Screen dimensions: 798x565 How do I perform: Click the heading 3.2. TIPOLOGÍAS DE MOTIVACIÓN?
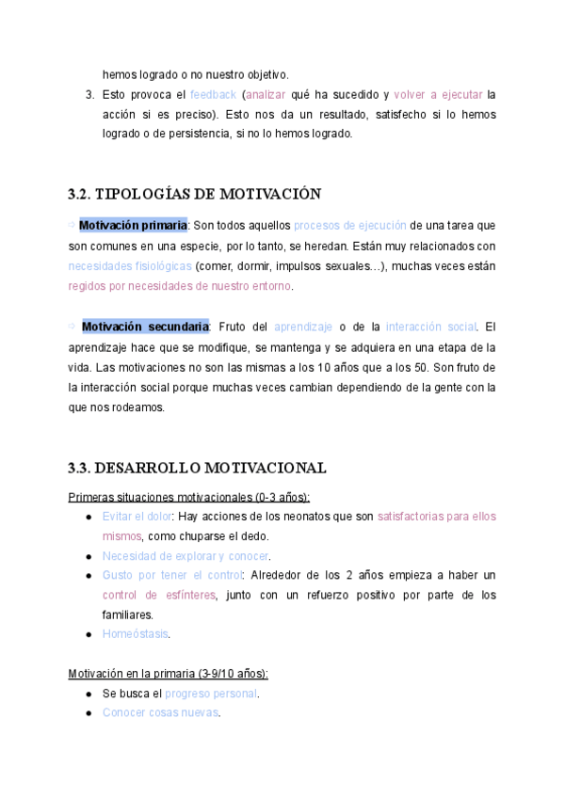tap(195, 195)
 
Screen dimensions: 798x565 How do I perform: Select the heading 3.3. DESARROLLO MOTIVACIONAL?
tap(197, 468)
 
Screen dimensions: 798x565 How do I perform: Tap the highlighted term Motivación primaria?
tap(133, 226)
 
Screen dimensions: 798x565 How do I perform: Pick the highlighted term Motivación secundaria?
tap(145, 327)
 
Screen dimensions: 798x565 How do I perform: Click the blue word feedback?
tap(213, 95)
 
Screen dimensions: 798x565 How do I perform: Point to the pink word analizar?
tap(266, 95)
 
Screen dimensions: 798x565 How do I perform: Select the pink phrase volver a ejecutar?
tap(438, 95)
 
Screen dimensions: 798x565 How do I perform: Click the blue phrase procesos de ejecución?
tap(350, 226)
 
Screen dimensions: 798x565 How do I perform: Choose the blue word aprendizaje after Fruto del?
tap(303, 327)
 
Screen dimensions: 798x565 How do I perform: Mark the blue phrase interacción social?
tap(432, 327)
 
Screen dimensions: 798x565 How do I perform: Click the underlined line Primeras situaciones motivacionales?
tap(189, 497)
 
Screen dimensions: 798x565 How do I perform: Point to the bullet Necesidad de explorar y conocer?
tap(186, 556)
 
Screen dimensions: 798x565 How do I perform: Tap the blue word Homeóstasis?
tap(136, 634)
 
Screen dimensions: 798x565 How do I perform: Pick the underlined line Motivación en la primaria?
tap(169, 674)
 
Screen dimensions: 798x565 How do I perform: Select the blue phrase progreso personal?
tap(218, 694)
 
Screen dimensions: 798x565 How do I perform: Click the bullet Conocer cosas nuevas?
tap(160, 712)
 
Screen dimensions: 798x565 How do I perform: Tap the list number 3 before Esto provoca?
tap(89, 95)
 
